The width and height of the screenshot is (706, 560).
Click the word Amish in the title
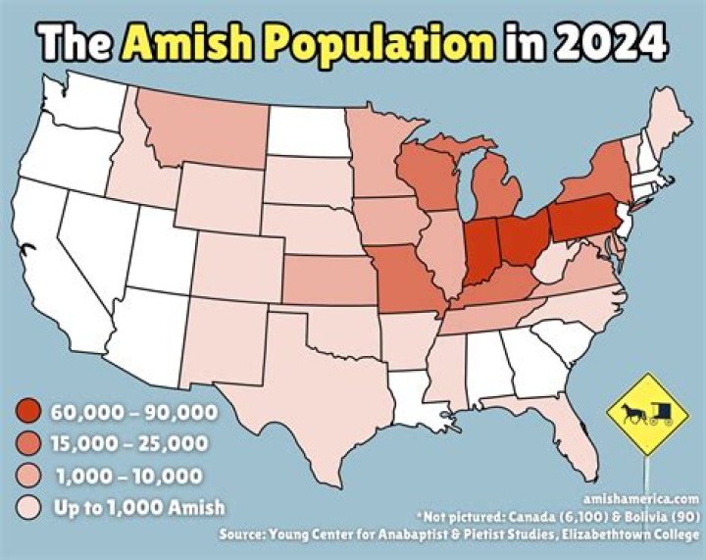click(x=186, y=43)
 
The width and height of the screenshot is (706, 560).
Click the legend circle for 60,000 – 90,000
click(x=28, y=411)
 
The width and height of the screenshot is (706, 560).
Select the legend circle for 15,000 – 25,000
click(x=28, y=443)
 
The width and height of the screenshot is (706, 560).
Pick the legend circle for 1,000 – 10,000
click(x=28, y=476)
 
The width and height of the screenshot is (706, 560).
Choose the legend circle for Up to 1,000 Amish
click(x=28, y=507)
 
